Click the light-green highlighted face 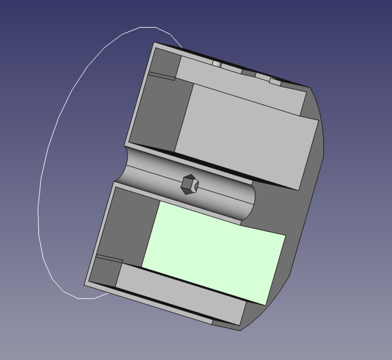click(x=214, y=252)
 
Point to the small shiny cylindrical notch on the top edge click(x=217, y=63)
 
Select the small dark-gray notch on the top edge click(x=248, y=72)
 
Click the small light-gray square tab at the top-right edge click(x=275, y=82)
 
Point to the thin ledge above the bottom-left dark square click(x=110, y=260)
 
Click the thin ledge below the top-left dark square click(x=161, y=76)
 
